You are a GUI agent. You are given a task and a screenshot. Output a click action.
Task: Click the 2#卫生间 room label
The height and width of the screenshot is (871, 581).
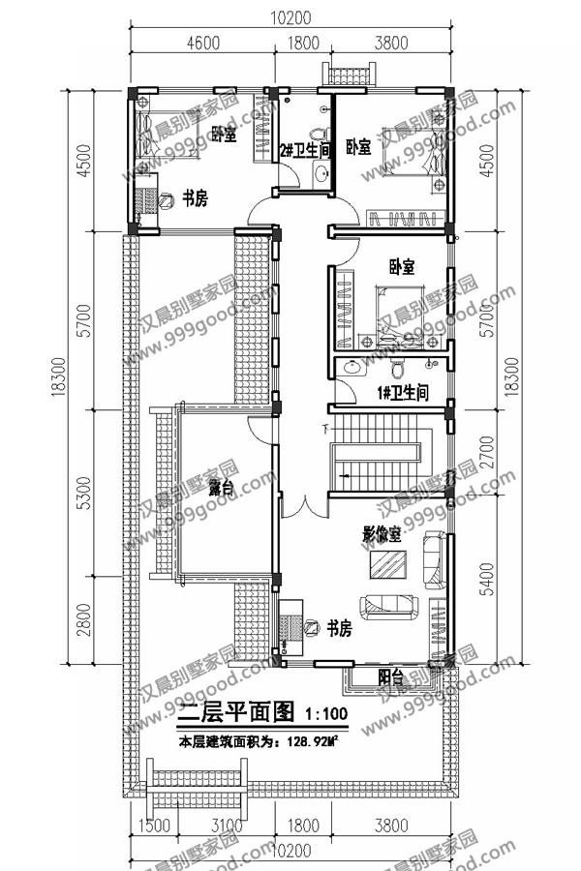(306, 150)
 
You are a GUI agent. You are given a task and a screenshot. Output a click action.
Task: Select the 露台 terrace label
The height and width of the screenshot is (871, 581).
(221, 489)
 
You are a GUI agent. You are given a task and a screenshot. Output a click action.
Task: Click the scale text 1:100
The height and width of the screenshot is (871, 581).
(327, 714)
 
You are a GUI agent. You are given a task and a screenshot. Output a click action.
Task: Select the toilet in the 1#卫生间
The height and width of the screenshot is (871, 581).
(397, 369)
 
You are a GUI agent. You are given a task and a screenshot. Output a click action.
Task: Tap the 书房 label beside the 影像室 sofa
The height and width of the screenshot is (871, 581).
(339, 628)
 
